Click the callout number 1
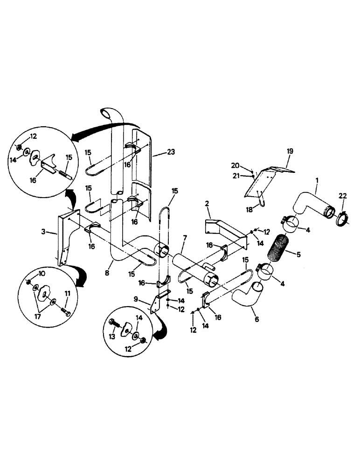pyautogui.click(x=318, y=179)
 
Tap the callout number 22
pyautogui.click(x=343, y=196)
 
